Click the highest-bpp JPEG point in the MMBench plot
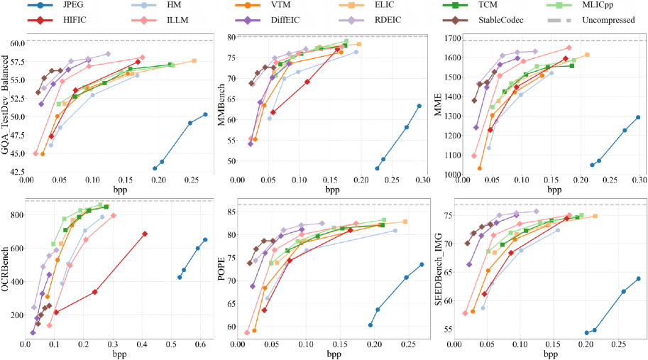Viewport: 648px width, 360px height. (x=419, y=106)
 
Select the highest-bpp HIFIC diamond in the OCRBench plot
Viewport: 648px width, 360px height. (x=145, y=234)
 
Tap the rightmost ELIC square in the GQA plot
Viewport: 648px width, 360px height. (x=194, y=61)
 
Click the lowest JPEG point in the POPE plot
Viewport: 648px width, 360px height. (x=370, y=325)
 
